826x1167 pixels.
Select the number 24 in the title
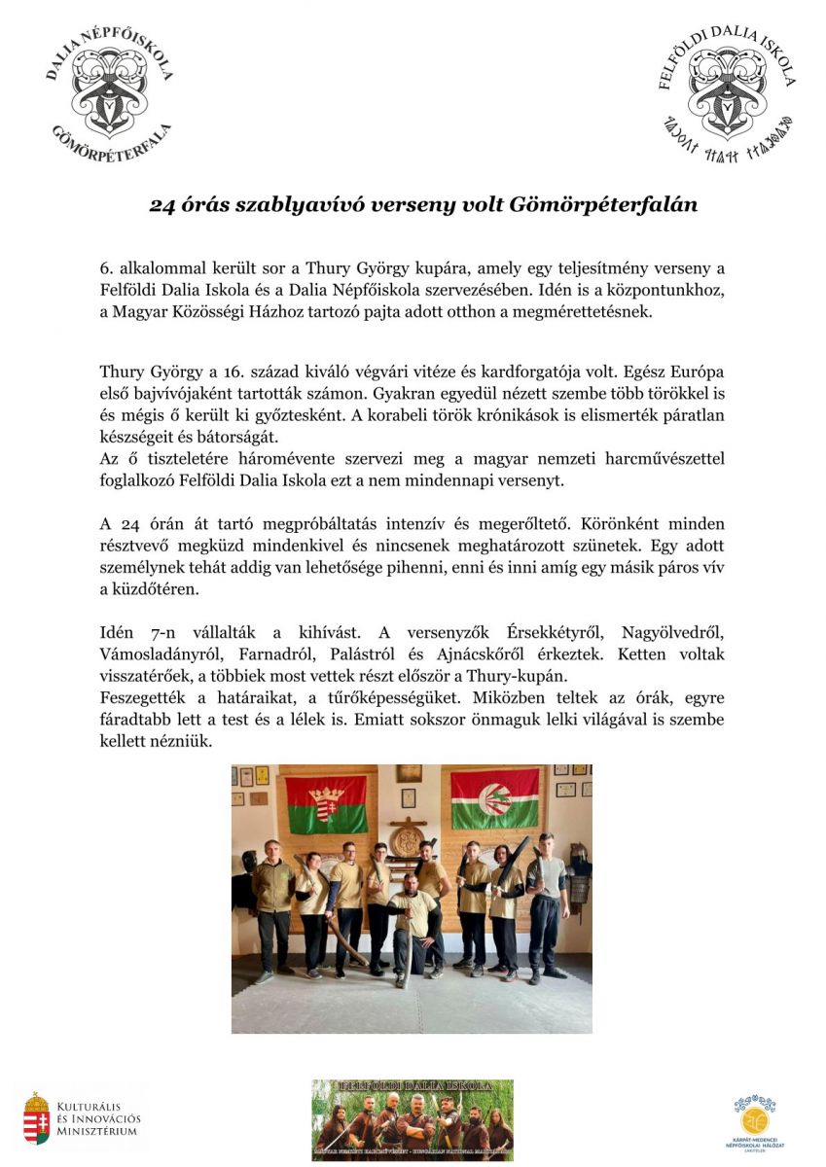click(162, 205)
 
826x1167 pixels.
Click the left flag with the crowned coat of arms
click(326, 803)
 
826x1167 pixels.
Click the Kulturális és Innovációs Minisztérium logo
click(82, 1118)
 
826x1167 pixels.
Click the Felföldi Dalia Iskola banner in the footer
click(412, 1119)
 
